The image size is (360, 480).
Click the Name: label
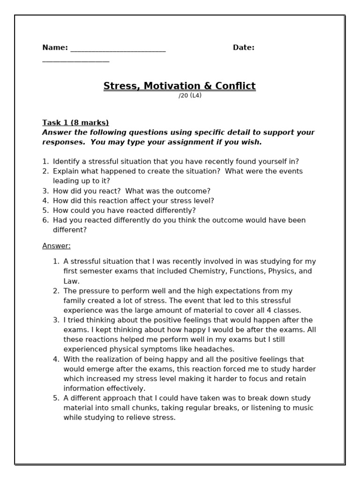[55, 47]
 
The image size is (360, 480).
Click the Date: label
[243, 47]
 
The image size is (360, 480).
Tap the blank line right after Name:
[118, 49]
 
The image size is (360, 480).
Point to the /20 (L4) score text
[190, 96]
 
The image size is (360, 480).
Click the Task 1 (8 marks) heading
[75, 123]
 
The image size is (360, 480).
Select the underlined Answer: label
[56, 246]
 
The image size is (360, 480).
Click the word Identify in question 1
[66, 162]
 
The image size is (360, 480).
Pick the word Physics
[280, 271]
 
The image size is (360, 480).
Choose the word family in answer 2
[75, 301]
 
